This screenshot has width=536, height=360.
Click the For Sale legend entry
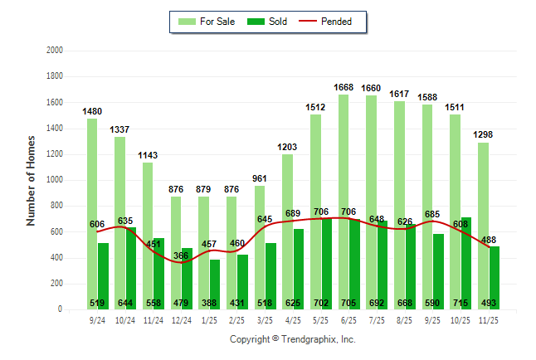pos(211,22)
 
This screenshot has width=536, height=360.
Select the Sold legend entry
pos(270,22)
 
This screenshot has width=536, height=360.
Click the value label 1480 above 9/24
pos(92,111)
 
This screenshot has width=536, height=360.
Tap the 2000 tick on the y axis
pos(54,51)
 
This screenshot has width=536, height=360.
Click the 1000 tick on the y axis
pos(54,180)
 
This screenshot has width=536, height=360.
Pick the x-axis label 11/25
pos(489,319)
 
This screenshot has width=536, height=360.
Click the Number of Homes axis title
pos(31,180)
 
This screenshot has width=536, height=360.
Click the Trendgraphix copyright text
pos(292,339)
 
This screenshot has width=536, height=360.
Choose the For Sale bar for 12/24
pos(176,249)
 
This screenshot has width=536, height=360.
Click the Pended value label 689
pos(293,215)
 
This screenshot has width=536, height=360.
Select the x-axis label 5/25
pos(321,319)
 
